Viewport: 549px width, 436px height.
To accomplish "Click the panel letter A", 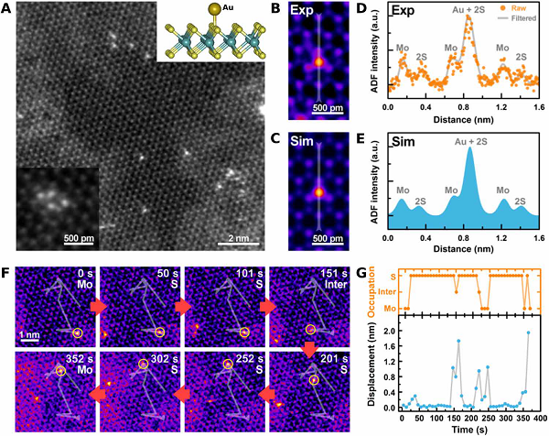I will (9, 9).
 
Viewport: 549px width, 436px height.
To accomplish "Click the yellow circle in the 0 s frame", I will (78, 332).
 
